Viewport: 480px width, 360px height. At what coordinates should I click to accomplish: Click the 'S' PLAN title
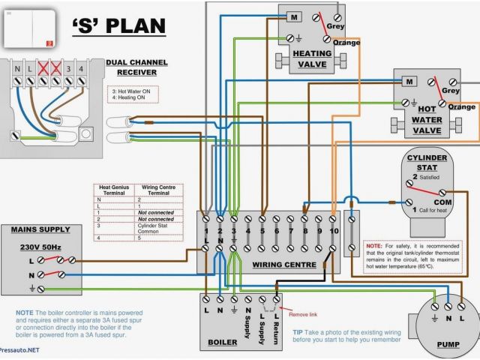tap(118, 27)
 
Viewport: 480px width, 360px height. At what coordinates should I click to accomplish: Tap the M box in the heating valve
tap(294, 16)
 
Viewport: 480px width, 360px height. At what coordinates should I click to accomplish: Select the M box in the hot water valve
tap(409, 81)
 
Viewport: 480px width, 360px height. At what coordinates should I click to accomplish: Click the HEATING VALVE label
tap(312, 59)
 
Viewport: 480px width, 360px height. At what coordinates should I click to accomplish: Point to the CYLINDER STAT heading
tap(426, 163)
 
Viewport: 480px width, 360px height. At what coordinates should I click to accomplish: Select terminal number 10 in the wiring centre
tap(334, 231)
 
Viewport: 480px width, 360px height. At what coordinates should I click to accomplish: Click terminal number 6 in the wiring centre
tap(277, 231)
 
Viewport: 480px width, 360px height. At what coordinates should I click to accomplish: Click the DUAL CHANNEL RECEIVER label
tap(131, 67)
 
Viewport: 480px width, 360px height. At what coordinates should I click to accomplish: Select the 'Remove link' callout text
tap(304, 314)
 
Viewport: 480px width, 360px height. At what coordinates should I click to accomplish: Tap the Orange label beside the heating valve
tap(346, 42)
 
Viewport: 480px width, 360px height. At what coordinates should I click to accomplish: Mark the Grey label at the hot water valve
tap(451, 91)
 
